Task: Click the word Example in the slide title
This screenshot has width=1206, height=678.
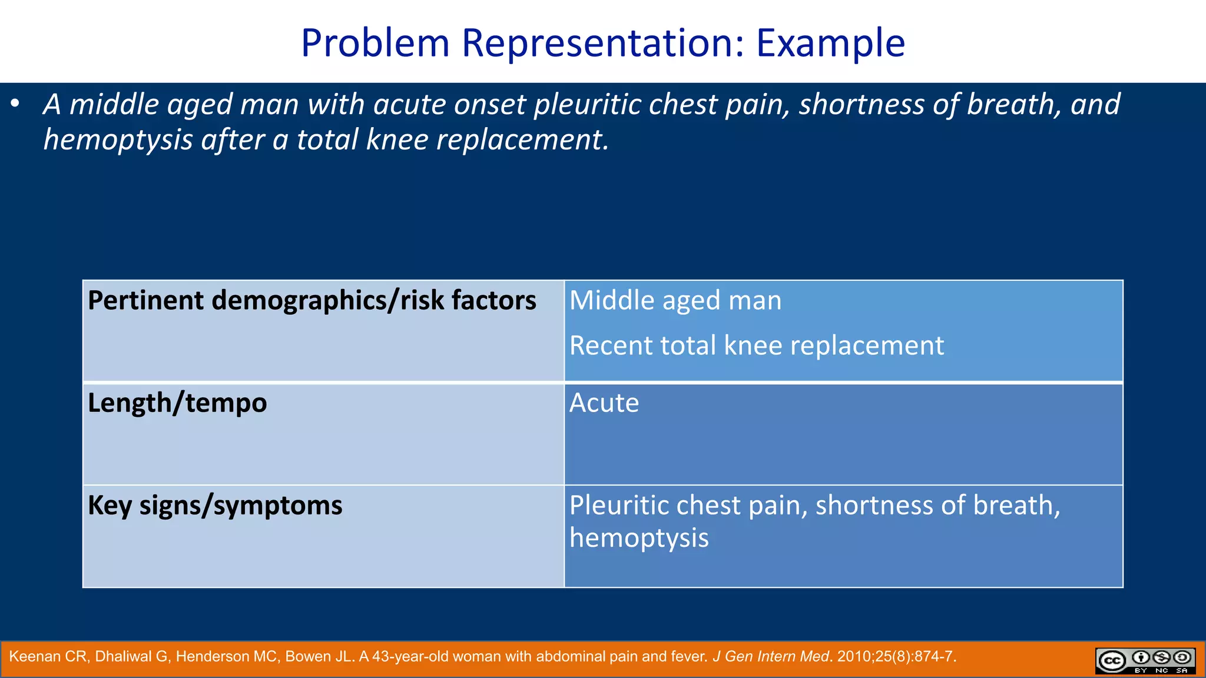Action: pyautogui.click(x=830, y=43)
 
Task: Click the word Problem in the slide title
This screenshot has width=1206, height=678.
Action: pyautogui.click(x=375, y=43)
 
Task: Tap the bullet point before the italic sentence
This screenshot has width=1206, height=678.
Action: pyautogui.click(x=15, y=105)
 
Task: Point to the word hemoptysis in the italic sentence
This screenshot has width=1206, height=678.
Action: pyautogui.click(x=118, y=140)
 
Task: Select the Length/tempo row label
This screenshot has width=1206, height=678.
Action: pyautogui.click(x=177, y=403)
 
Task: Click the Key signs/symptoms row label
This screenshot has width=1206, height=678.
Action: pyautogui.click(x=215, y=506)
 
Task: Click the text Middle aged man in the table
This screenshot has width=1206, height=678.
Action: pyautogui.click(x=675, y=301)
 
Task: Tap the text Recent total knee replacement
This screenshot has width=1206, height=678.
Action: pyautogui.click(x=757, y=345)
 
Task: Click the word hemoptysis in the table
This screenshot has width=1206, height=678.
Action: pyautogui.click(x=639, y=538)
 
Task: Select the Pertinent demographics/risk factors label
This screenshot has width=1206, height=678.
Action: pyautogui.click(x=312, y=301)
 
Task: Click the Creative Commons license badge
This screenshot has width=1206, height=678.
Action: pyautogui.click(x=1145, y=660)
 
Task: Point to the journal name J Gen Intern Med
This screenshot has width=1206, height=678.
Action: pyautogui.click(x=770, y=657)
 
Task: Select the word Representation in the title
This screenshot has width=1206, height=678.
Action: pyautogui.click(x=603, y=43)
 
